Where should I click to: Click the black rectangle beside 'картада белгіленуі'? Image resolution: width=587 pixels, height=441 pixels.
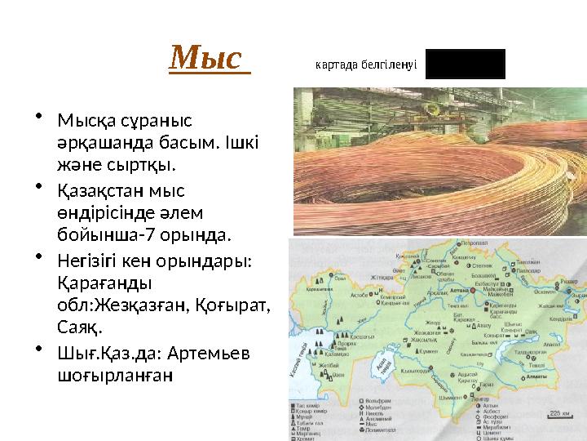tap(465, 64)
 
